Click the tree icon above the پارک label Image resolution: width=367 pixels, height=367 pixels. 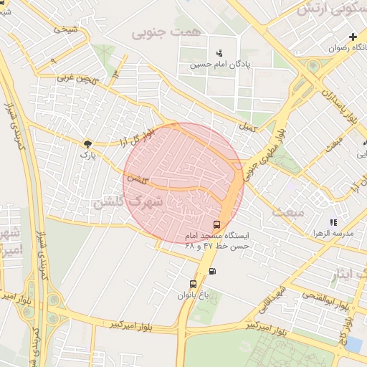click(x=87, y=143)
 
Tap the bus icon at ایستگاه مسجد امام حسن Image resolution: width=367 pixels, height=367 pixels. click(x=217, y=224)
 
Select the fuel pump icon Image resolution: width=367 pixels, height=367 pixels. click(x=212, y=271)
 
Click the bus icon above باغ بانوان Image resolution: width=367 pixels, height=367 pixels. click(x=192, y=284)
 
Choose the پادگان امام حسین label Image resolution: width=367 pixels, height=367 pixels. click(x=219, y=64)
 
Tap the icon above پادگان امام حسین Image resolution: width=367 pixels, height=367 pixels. click(x=219, y=52)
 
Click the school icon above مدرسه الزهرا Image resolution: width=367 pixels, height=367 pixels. click(x=333, y=222)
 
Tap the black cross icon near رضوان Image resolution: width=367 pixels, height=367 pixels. click(x=352, y=37)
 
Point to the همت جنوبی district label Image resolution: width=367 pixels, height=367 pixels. click(x=158, y=33)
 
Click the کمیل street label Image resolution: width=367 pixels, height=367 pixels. click(x=248, y=126)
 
